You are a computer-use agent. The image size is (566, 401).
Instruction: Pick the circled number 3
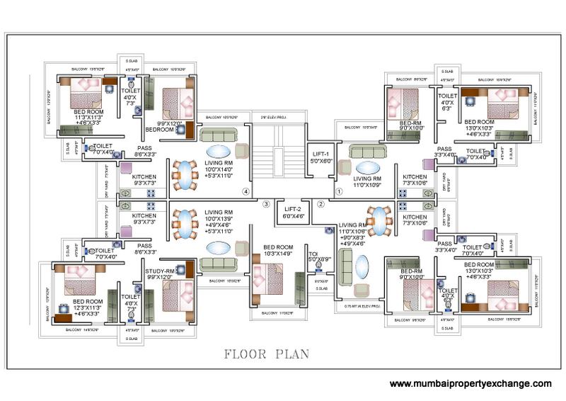click(x=266, y=204)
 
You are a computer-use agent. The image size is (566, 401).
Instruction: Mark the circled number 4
click(x=246, y=191)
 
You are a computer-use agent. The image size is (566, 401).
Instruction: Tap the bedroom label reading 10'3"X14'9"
click(x=272, y=249)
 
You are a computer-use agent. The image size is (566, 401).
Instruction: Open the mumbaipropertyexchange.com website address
click(x=470, y=383)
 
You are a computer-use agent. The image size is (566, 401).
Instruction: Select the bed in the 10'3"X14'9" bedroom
click(x=270, y=278)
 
